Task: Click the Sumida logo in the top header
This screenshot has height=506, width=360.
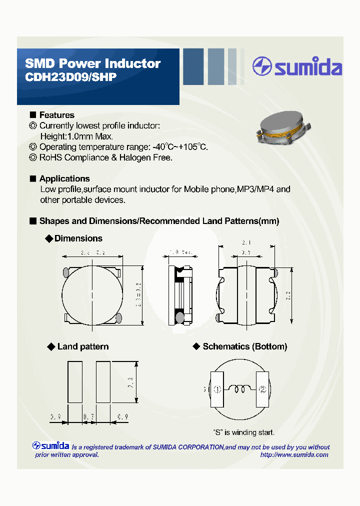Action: coord(297,67)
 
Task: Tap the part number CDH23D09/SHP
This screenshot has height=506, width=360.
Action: coord(70,77)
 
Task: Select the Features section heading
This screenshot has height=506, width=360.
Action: coord(56,115)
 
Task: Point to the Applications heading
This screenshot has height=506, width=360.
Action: coord(64,178)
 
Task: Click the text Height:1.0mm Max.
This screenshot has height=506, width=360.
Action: coord(76,136)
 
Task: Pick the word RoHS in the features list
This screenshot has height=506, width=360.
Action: coord(50,157)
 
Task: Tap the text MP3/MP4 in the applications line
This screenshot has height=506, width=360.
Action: coord(255,189)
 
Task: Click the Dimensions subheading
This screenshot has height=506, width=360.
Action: coord(78,238)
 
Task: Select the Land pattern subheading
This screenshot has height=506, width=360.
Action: coord(82,346)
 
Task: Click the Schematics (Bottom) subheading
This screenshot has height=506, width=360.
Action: coord(244,346)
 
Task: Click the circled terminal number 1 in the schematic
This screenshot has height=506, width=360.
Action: coord(217,389)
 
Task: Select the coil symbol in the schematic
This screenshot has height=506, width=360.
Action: coord(240,388)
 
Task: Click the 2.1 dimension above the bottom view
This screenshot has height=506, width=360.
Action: coord(246,243)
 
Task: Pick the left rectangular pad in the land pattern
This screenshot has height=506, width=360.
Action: coord(75,382)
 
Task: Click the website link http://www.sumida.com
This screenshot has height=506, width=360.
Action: coord(294,454)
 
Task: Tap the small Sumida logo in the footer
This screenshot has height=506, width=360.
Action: coord(51,445)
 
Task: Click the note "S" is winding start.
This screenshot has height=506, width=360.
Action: coord(243,432)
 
